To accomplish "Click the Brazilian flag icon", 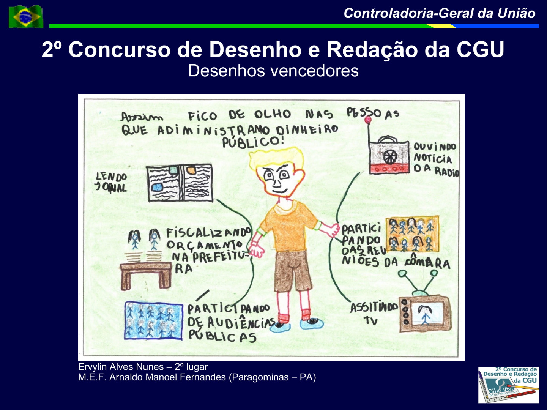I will pos(26,16).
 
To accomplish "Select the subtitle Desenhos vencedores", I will pos(273,71).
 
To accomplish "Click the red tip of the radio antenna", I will pos(367,120).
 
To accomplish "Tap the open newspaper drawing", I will pos(180,183).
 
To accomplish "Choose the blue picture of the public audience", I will pos(154,320).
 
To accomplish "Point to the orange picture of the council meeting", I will pos(412,234).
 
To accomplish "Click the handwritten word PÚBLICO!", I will pos(253,142).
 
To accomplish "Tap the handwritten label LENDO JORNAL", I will pos(111,182).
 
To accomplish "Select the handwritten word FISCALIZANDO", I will pos(208,232).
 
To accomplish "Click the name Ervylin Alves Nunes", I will pos(121,367).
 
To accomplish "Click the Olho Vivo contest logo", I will pos(509,385).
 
